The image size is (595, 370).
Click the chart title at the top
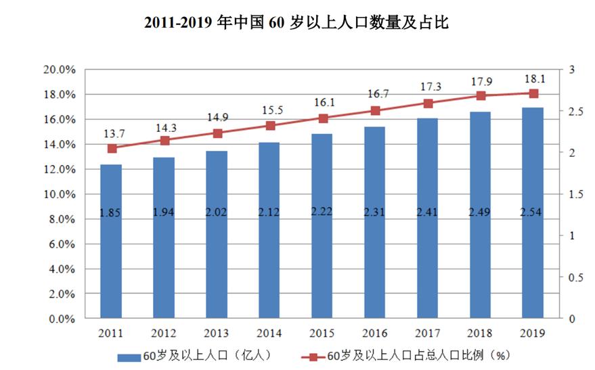point(297,23)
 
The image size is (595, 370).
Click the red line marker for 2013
point(217,133)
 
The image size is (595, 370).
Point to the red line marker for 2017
point(428,103)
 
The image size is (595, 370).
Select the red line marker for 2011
point(112,148)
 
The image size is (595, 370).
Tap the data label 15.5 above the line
point(269,109)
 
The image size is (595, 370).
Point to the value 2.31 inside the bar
point(375,212)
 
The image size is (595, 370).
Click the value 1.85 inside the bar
point(111,212)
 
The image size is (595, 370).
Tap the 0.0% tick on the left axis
point(61,319)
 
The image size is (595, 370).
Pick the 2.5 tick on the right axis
point(575,111)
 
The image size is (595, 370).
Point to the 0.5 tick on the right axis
point(575,277)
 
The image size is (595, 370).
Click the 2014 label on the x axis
point(269,333)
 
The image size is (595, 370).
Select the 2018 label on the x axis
point(481,333)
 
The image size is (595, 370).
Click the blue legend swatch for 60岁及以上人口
point(129,356)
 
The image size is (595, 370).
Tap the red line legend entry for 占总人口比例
point(311,356)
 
